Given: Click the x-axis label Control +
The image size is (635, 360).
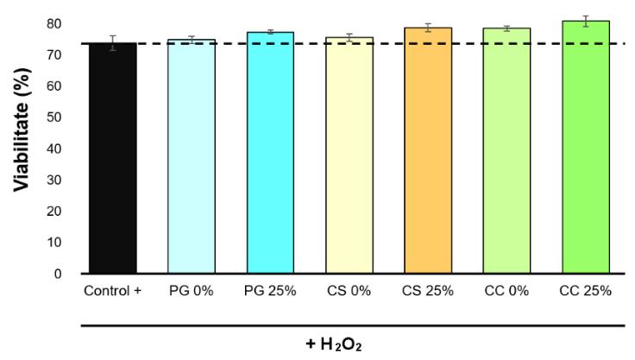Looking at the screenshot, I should pyautogui.click(x=113, y=290).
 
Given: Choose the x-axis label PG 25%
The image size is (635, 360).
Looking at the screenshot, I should pyautogui.click(x=270, y=290).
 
